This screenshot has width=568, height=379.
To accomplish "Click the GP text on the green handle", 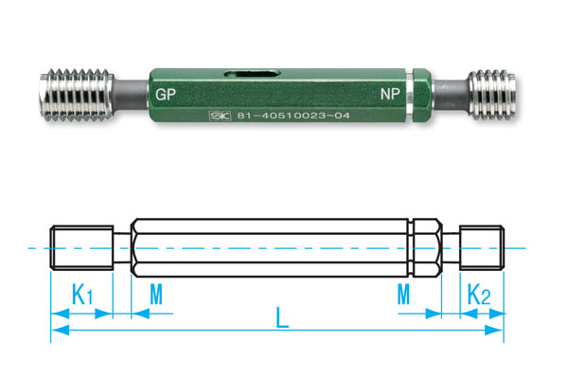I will tap(167, 96).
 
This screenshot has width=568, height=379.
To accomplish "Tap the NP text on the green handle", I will tap(390, 96).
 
